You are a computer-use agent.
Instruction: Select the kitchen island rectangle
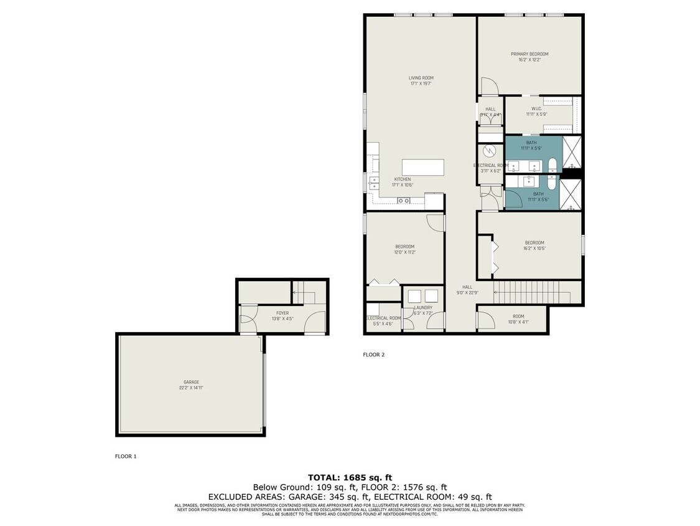click(423, 168)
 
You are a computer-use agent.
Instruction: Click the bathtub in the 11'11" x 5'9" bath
click(552, 165)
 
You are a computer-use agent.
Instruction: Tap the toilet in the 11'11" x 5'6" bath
click(553, 181)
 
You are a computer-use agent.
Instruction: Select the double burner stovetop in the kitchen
click(403, 201)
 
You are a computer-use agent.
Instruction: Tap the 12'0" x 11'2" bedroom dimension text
click(404, 252)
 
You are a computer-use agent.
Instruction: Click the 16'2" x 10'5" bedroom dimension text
click(534, 249)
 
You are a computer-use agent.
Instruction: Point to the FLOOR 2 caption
click(374, 355)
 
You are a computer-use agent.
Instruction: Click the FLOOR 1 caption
click(126, 456)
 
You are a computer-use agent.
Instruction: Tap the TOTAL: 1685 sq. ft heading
click(350, 477)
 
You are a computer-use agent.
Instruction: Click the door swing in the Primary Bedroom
click(487, 86)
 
